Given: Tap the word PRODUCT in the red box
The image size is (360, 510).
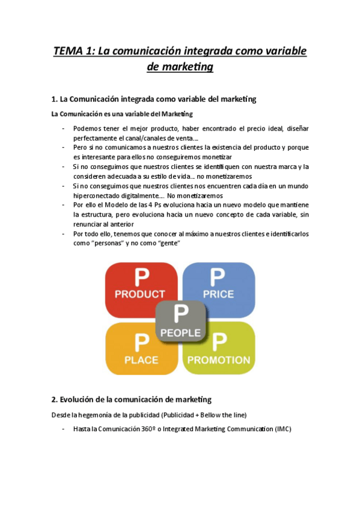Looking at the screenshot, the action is (x=140, y=294).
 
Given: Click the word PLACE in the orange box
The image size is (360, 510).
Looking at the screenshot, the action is (x=141, y=360).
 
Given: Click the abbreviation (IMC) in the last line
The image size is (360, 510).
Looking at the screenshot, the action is (x=282, y=429).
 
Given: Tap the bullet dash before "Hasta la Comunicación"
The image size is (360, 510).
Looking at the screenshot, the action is (x=64, y=429).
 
